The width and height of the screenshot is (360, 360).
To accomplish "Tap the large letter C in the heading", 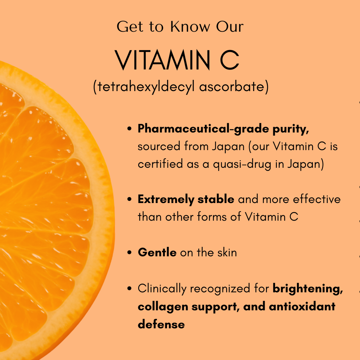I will coord(229,60).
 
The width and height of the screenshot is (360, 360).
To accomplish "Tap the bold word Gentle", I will coord(157,252).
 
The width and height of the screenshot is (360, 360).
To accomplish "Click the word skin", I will coord(226,252).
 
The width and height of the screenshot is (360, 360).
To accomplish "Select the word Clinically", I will coord(162,288).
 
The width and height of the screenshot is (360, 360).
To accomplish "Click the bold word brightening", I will coord(307,288).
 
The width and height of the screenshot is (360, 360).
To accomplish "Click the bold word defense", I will coord(161,324).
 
